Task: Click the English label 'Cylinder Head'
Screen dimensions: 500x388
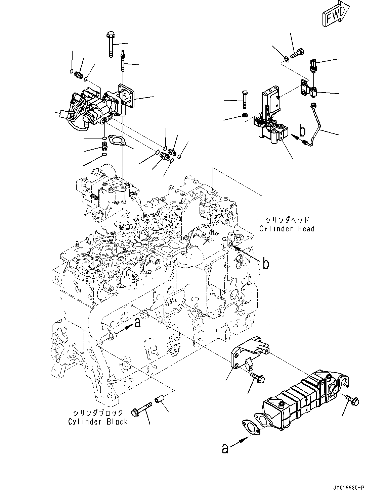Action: (x=287, y=229)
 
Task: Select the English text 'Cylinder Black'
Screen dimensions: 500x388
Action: (x=98, y=422)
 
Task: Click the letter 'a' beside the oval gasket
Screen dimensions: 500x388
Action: (x=225, y=448)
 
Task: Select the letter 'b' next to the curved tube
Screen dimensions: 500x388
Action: (x=302, y=131)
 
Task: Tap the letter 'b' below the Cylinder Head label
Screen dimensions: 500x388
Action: (x=265, y=264)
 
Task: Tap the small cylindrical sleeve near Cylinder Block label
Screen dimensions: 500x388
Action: (x=159, y=400)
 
